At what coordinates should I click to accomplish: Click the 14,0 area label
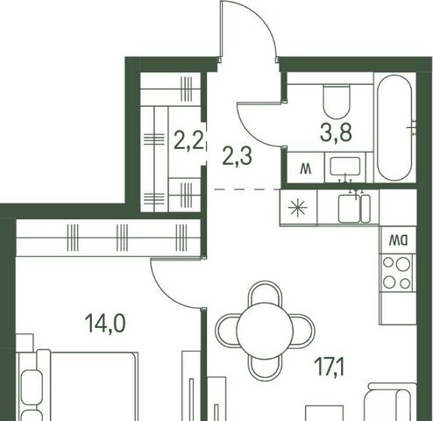pos(105,324)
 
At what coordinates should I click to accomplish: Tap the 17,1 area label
pos(330,367)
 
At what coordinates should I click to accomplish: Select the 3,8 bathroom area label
pos(336,133)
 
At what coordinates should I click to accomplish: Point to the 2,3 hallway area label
pos(237,156)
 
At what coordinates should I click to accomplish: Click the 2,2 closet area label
pos(188,140)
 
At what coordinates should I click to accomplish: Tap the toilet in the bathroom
pos(337,101)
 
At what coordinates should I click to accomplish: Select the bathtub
pos(394,127)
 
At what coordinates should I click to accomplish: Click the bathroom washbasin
pos(345,167)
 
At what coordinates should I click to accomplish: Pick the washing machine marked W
pos(306,168)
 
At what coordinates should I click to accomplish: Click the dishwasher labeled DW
pos(398,240)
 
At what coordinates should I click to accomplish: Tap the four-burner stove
pos(396,273)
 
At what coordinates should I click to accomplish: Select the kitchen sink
pos(354,209)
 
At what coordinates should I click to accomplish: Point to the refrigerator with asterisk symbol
pos(298,208)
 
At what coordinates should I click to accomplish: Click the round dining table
pos(265,331)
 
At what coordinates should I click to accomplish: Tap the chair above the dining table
pos(266,293)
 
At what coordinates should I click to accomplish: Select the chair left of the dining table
pos(227,331)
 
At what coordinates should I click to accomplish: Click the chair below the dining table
pos(266,369)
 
